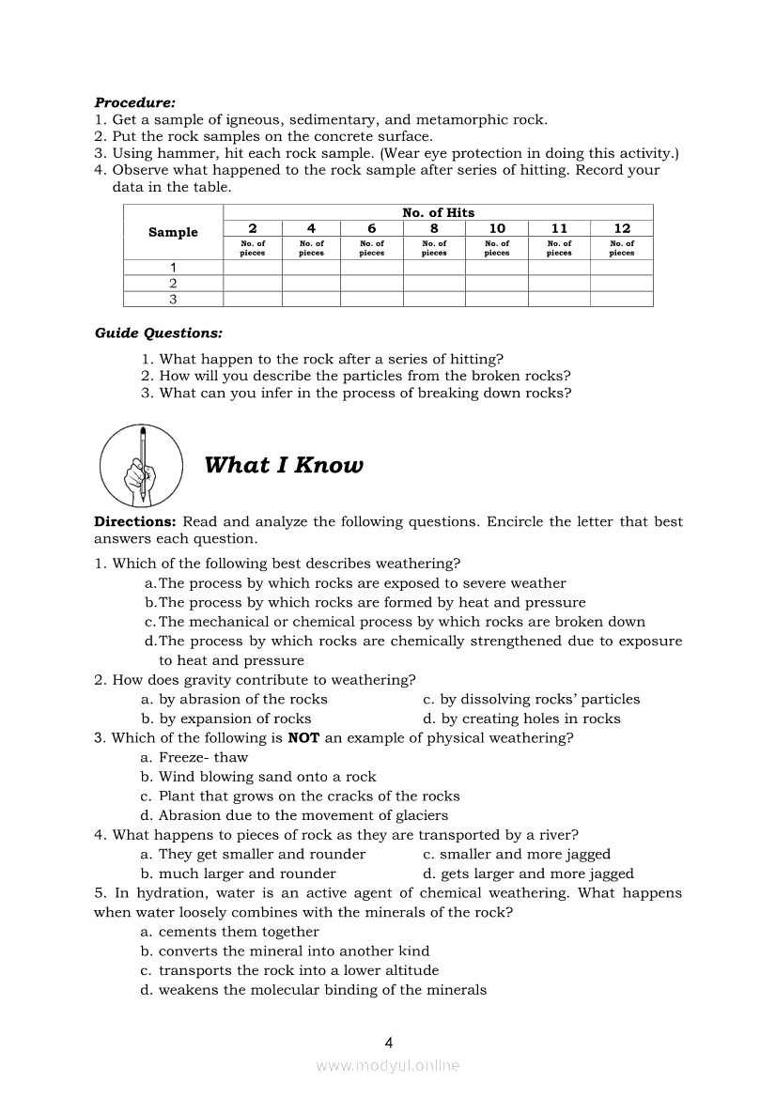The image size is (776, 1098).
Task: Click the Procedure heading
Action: click(x=134, y=102)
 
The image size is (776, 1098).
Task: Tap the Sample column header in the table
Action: click(x=173, y=232)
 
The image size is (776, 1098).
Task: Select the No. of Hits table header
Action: click(x=438, y=212)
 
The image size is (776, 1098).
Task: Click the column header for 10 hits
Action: click(x=497, y=228)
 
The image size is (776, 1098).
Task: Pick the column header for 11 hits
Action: click(x=559, y=228)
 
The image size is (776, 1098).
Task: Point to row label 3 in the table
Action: click(x=173, y=300)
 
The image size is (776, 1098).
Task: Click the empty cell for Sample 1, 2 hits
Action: click(x=252, y=267)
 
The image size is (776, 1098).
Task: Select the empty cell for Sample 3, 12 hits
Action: click(x=621, y=300)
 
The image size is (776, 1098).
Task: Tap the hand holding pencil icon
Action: click(x=141, y=464)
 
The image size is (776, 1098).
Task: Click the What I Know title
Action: click(x=283, y=465)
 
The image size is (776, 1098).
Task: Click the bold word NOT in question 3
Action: click(x=303, y=737)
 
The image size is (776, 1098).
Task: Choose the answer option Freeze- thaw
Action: click(x=203, y=757)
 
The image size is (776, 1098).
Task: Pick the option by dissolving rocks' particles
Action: click(x=539, y=699)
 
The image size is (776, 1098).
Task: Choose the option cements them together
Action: click(x=238, y=932)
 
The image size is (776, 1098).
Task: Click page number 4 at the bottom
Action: click(x=388, y=1042)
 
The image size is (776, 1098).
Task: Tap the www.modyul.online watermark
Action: click(x=388, y=1065)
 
